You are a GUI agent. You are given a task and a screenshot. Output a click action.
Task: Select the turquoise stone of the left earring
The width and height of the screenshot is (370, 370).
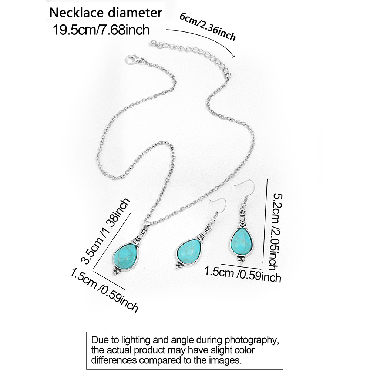(189, 251)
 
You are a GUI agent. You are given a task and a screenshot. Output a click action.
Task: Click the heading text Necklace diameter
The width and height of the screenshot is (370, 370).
(106, 13)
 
